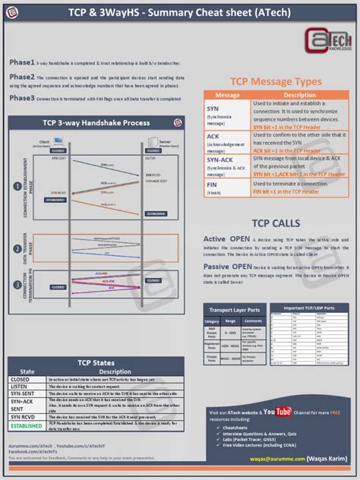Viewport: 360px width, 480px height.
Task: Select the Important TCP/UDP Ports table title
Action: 310,307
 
